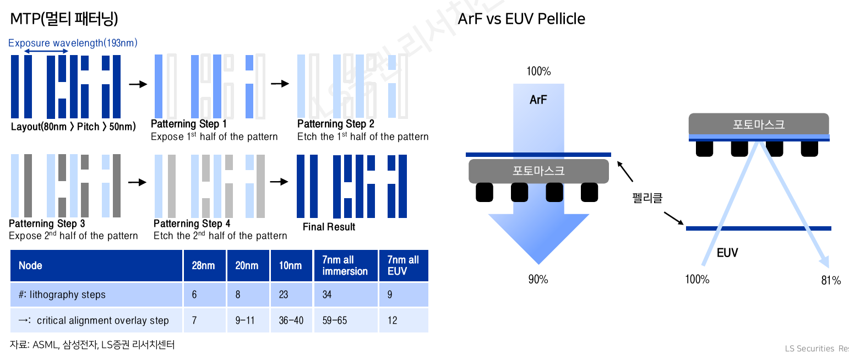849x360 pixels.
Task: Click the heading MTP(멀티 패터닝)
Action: pos(64,19)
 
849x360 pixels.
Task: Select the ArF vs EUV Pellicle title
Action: pos(521,19)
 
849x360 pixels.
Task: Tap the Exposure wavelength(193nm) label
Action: pos(73,43)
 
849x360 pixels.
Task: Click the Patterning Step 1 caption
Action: pos(189,124)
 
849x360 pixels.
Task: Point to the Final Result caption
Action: pos(329,227)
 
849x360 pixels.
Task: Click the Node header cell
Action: pos(30,265)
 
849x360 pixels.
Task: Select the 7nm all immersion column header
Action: pos(345,265)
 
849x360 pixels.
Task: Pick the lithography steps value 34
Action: pos(327,294)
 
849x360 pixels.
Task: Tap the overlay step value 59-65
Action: pos(335,320)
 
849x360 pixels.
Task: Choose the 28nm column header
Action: pos(203,265)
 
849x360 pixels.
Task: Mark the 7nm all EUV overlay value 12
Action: pos(392,320)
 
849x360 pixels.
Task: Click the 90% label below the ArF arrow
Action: pos(538,279)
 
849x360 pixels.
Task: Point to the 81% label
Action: pos(831,281)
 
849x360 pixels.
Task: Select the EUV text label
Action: pos(727,253)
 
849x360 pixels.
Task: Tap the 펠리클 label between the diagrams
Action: pos(647,198)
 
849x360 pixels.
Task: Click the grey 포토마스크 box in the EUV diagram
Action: pos(758,124)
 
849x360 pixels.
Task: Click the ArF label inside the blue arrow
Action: pos(538,100)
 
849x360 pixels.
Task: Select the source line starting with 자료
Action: pos(92,345)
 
